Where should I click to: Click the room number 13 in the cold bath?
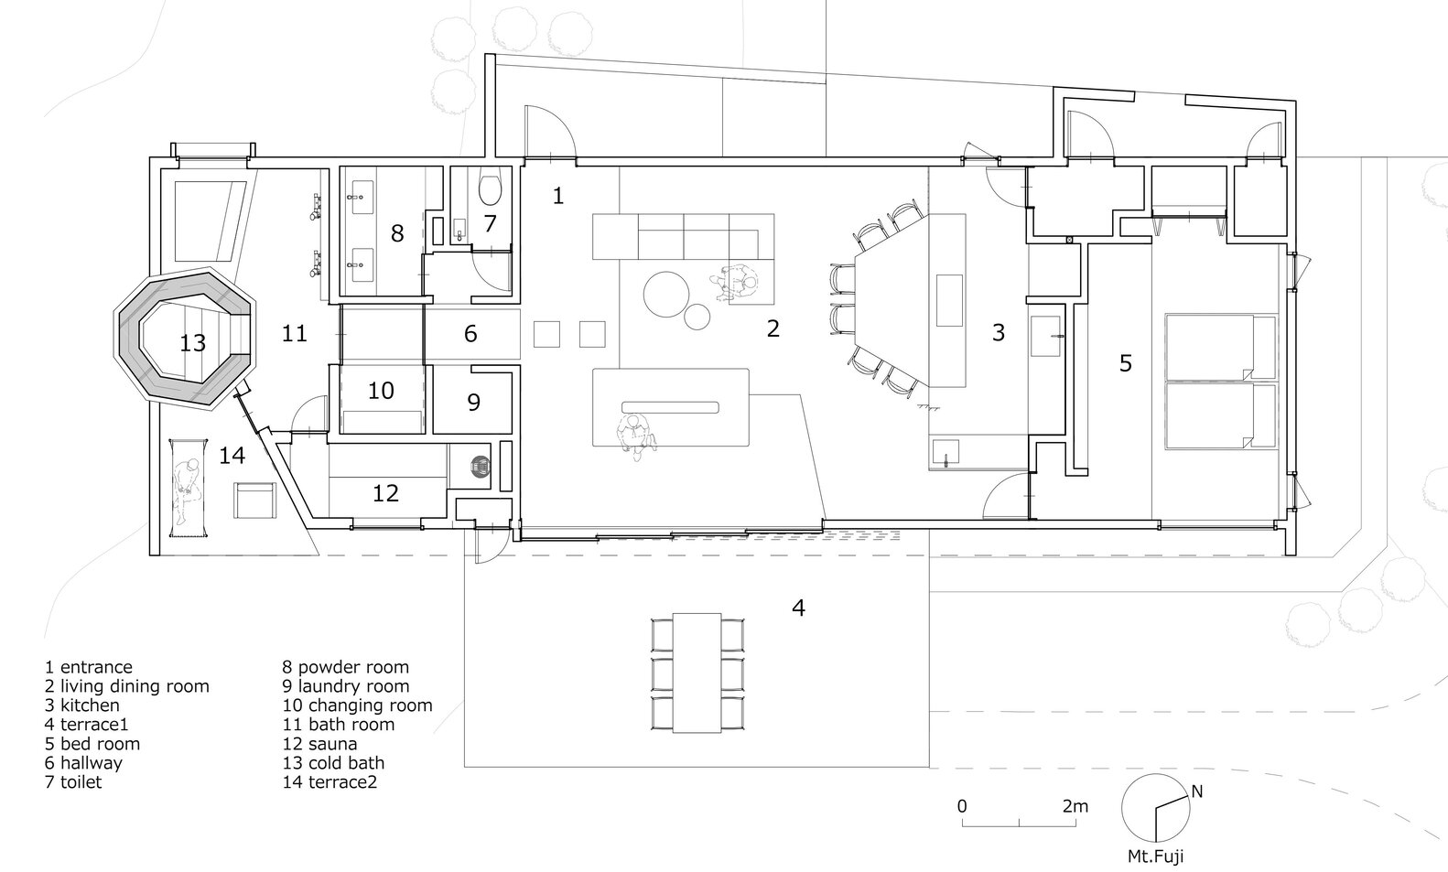pos(192,342)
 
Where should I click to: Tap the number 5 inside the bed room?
pos(1126,363)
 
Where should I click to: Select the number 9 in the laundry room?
pos(474,402)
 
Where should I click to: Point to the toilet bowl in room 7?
pos(490,187)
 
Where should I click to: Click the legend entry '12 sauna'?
pos(319,743)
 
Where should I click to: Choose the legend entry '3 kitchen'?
pos(82,705)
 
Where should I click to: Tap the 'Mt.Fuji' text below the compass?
pos(1156,856)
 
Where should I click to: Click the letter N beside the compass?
pos(1196,791)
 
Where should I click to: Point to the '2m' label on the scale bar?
pos(1075,806)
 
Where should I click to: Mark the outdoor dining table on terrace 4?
pos(697,673)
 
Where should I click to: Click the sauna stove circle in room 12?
pos(481,466)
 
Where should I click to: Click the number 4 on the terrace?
pos(798,608)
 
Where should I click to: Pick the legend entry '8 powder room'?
pos(346,666)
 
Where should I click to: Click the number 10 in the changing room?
pos(381,390)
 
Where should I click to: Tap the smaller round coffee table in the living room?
pos(697,317)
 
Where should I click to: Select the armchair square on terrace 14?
pos(255,501)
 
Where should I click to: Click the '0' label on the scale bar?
pos(962,806)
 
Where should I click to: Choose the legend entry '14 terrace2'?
pos(330,782)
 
